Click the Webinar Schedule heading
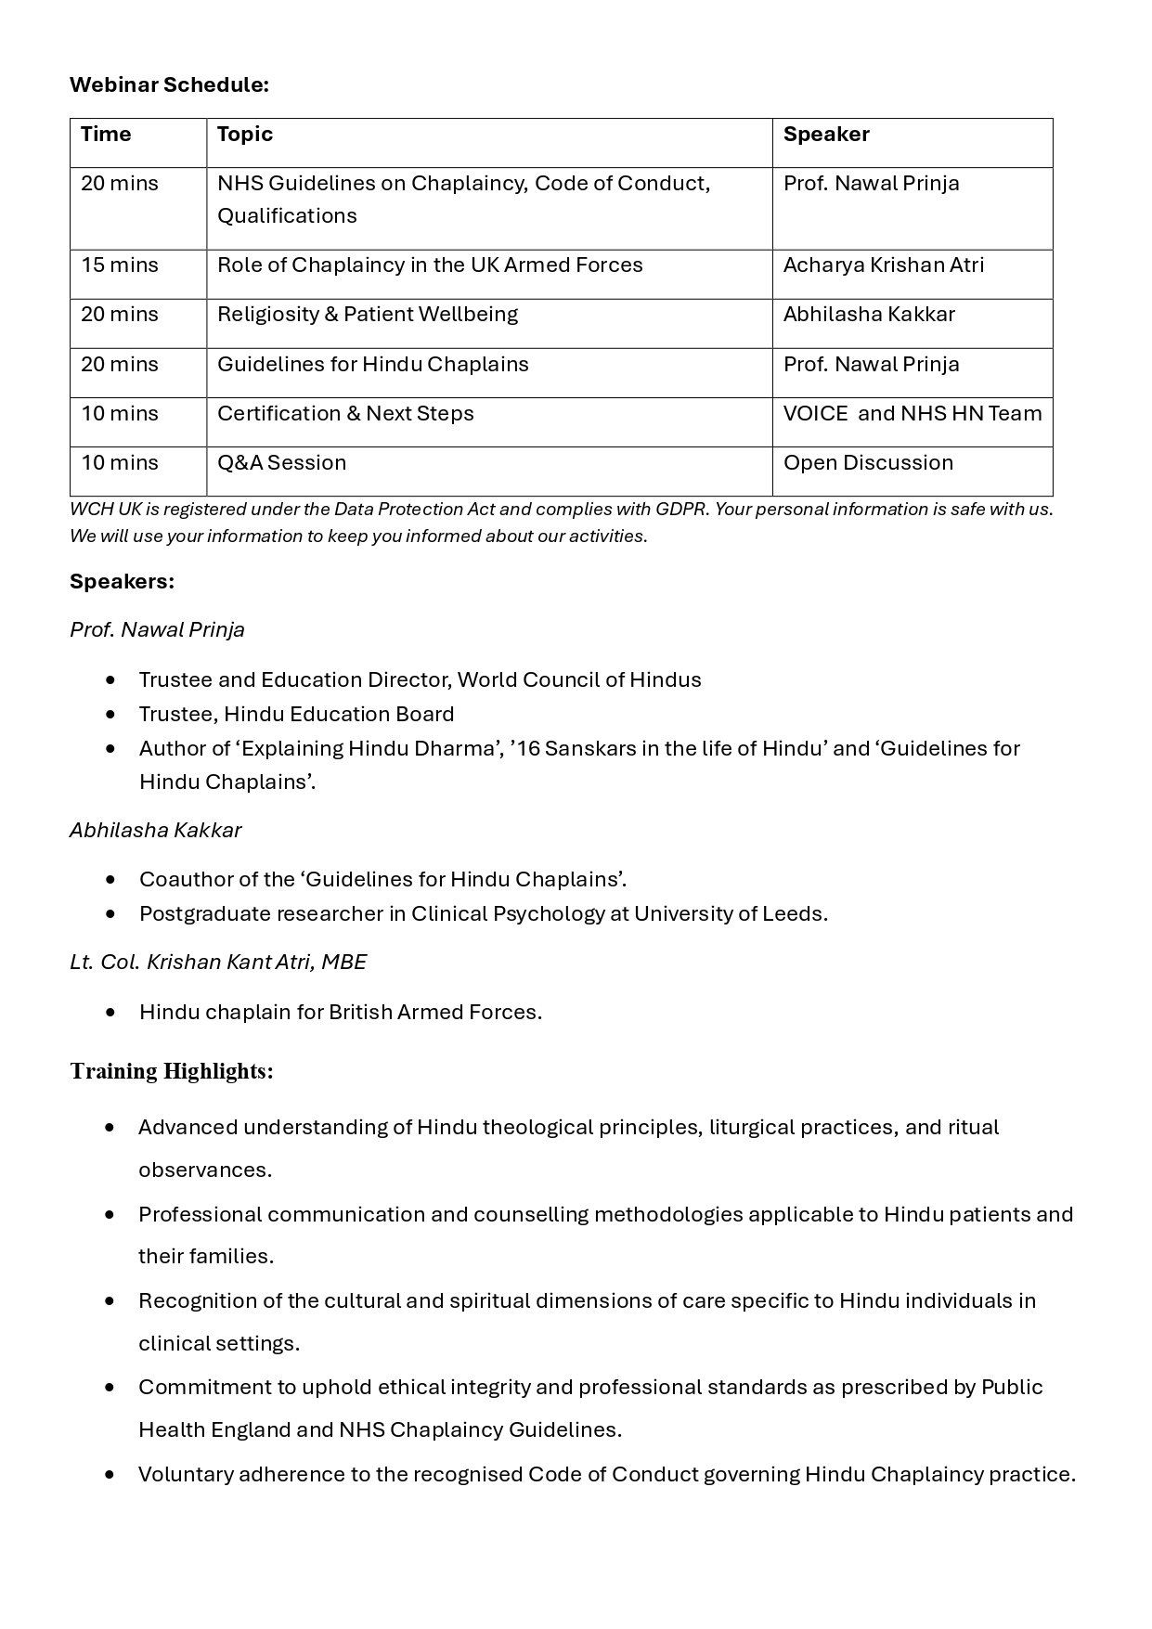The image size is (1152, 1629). coord(169,84)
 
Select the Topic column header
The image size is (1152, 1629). coord(245,134)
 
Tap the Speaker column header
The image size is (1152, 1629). coord(826,134)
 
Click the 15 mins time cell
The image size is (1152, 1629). coord(120,265)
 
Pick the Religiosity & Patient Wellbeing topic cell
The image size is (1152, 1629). coord(368,314)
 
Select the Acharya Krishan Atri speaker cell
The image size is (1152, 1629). coord(884,265)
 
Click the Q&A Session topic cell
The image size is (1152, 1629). coord(281,462)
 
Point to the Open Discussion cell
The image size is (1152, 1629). coord(868,462)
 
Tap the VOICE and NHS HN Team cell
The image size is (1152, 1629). coord(913,413)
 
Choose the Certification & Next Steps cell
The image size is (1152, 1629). coord(345,413)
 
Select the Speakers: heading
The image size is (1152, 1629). coord(122,581)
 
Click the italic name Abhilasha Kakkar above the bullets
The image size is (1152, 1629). coord(155,830)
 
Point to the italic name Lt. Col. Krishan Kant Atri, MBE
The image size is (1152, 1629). coord(218,962)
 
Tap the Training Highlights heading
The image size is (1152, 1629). coord(172,1071)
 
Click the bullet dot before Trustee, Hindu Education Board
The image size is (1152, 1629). coord(111,714)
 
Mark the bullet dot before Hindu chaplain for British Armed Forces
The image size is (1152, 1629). coord(111,1012)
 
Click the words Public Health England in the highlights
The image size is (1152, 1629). coord(1012,1387)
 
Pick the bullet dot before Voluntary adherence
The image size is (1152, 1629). coord(111,1474)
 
